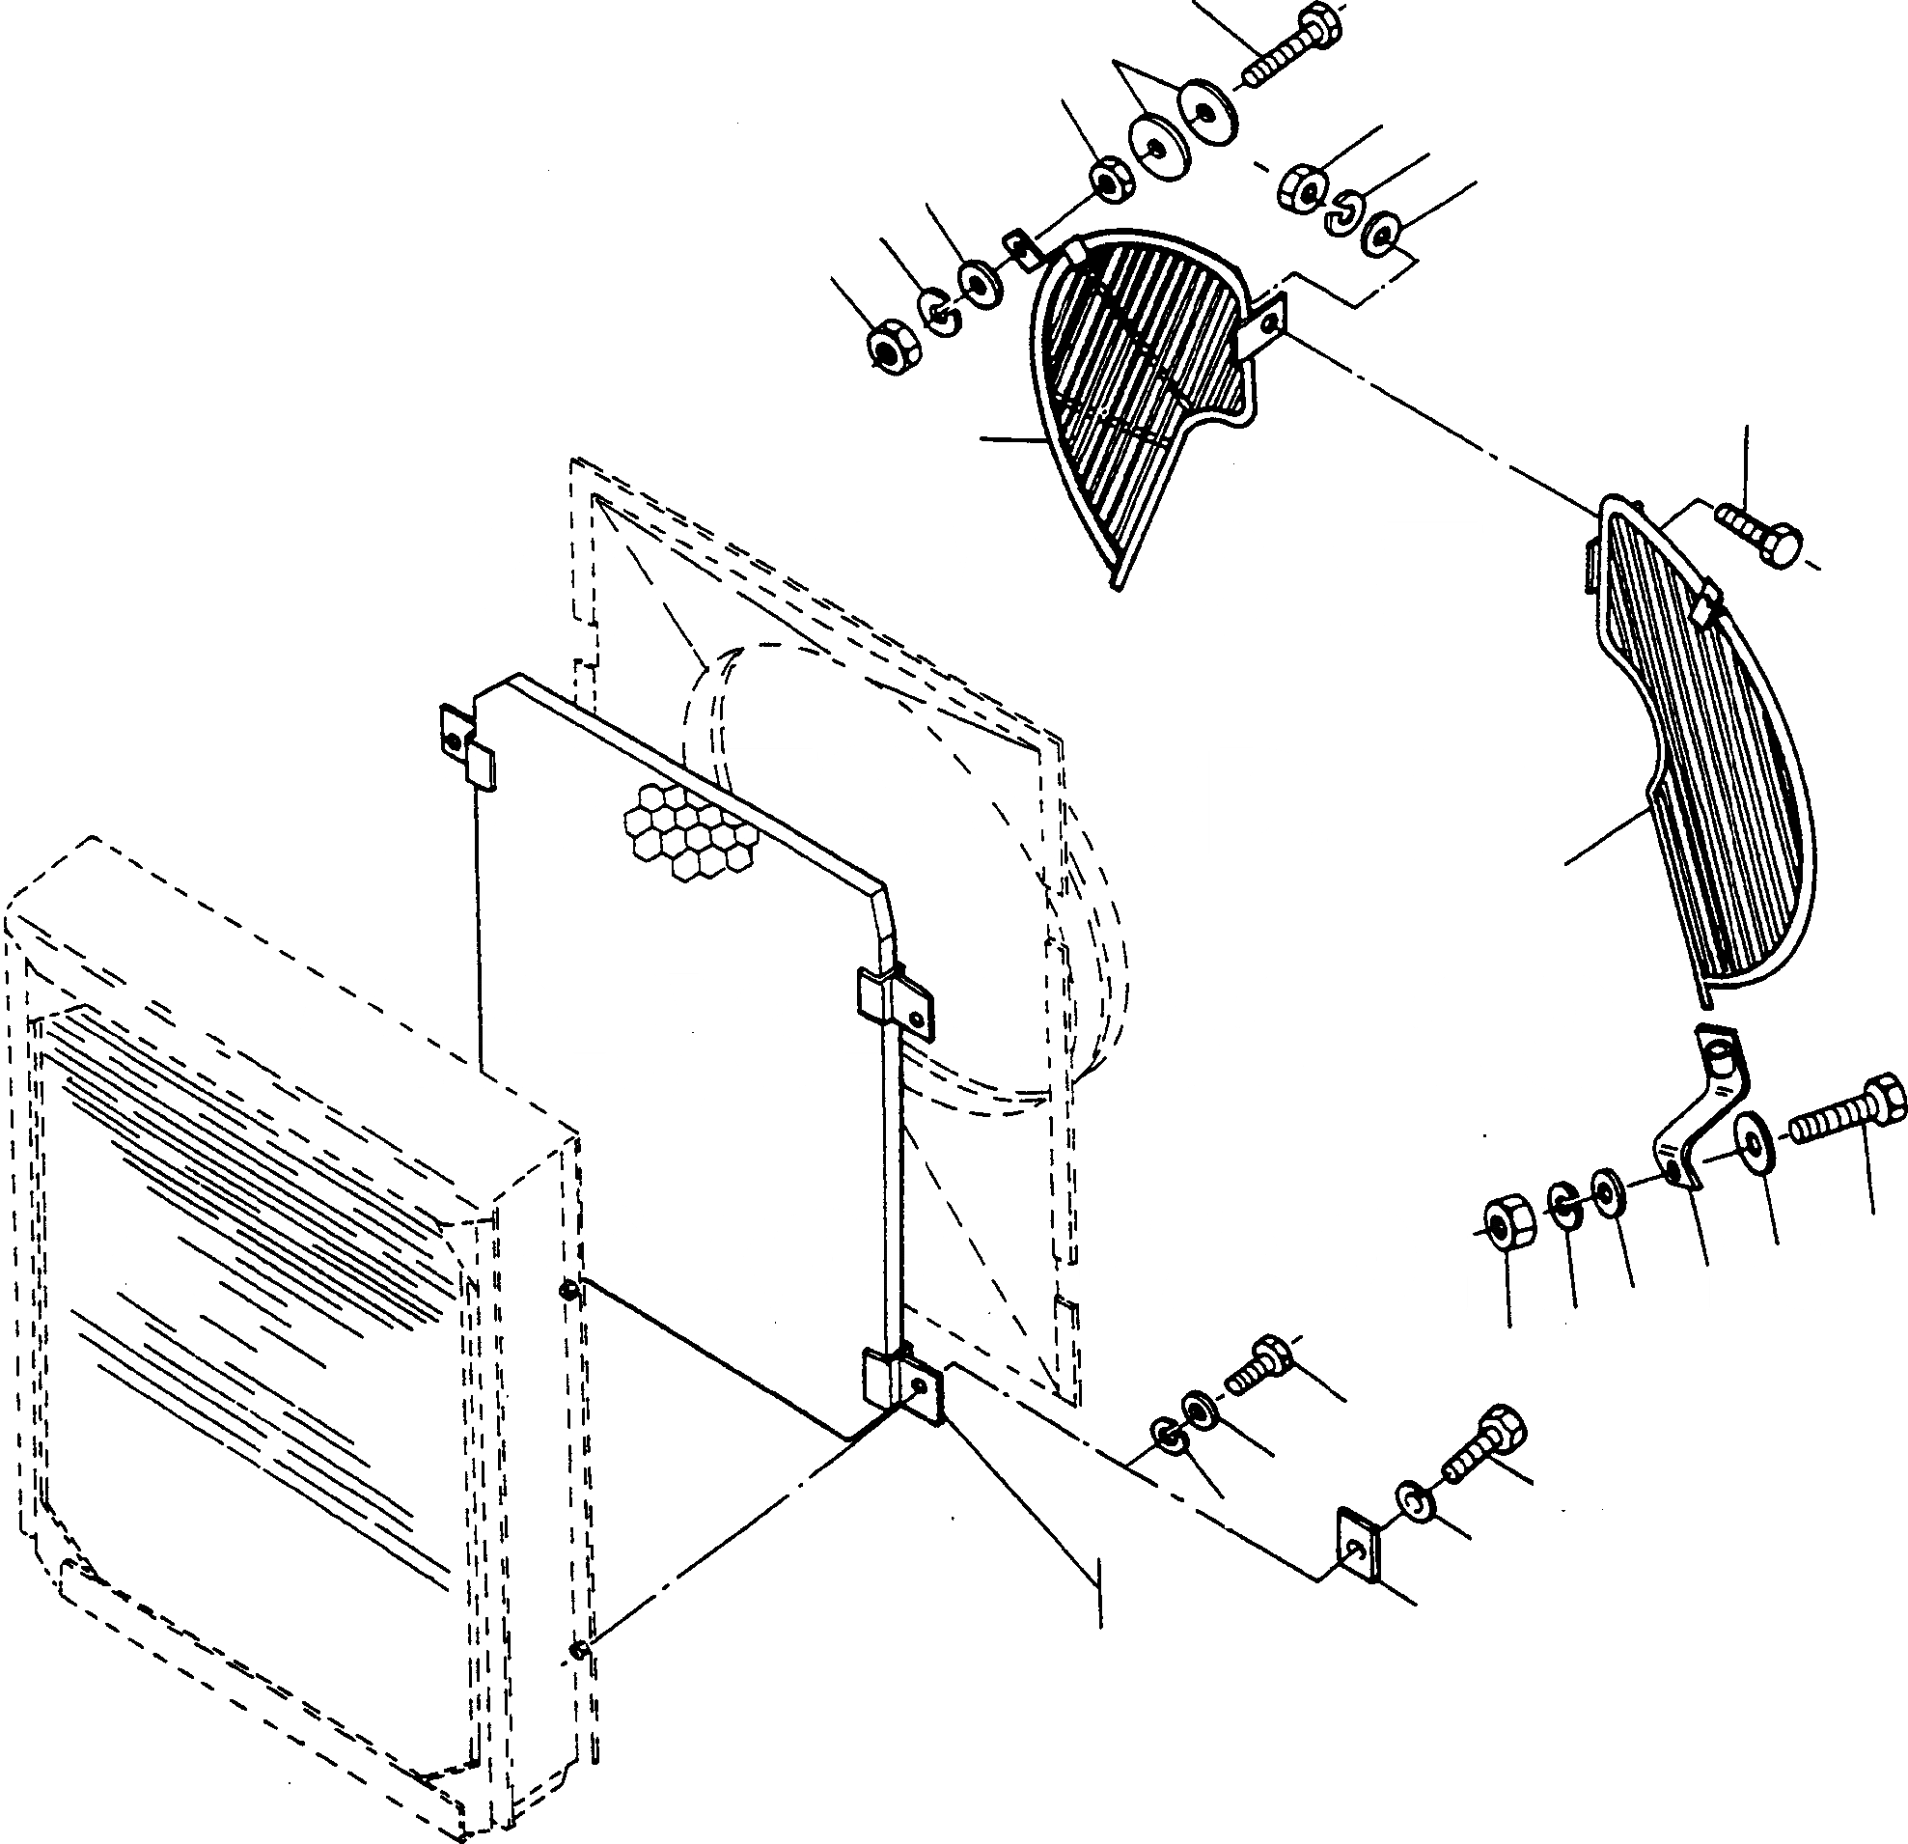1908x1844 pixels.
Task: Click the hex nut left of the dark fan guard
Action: pos(886,345)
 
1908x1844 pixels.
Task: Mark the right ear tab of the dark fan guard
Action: pos(1266,322)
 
